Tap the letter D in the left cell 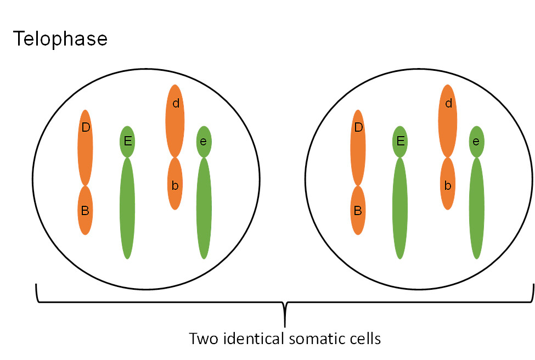tap(85, 128)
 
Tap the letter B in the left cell tap(85, 210)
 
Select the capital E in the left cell tap(127, 142)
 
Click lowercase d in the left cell tap(176, 103)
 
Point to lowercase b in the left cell tap(175, 185)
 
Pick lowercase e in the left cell tap(204, 142)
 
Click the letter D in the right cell tap(358, 128)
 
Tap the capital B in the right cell tap(358, 210)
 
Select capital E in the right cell tap(400, 142)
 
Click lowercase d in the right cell tap(448, 103)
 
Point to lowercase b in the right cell tap(448, 185)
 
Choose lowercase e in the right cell tap(476, 142)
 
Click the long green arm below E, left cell tap(127, 209)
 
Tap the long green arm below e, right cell tap(476, 209)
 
